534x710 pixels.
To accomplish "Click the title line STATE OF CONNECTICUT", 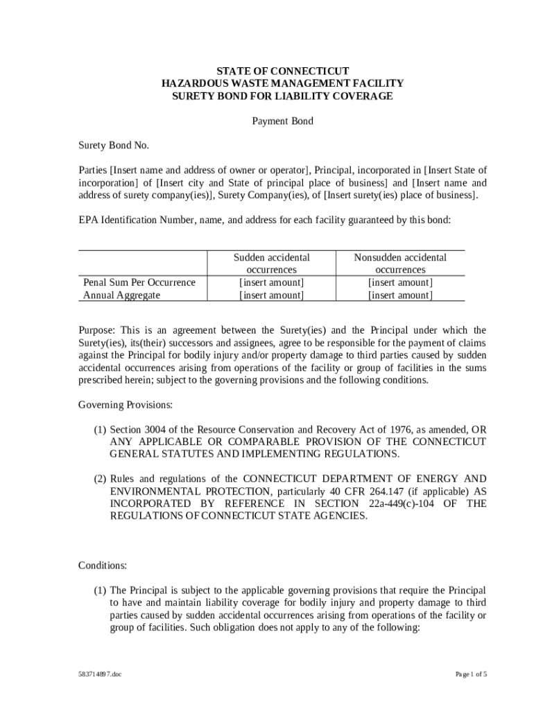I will [x=282, y=71].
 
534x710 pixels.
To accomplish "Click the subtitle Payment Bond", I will [x=282, y=121].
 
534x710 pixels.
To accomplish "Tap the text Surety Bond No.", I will [x=113, y=146].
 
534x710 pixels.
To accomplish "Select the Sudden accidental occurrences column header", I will [x=271, y=263].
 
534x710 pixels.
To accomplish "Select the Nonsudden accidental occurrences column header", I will [x=400, y=263].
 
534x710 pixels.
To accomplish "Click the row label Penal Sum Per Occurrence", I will [x=139, y=282].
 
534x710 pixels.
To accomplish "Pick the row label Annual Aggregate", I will [x=121, y=295].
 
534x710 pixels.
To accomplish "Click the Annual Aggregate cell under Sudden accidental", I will [x=271, y=295].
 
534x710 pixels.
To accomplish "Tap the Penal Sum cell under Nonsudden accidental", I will [x=400, y=282].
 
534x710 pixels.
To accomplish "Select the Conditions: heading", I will [x=102, y=566].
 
